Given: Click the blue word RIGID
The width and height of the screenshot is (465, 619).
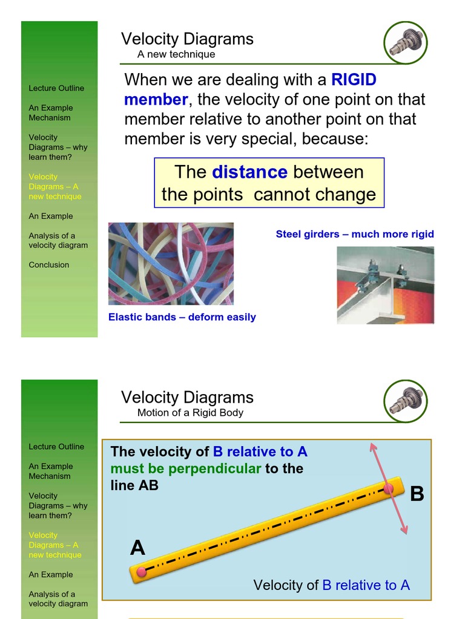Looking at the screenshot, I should click(x=354, y=80).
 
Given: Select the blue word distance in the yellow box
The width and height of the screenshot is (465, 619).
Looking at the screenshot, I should click(x=249, y=172).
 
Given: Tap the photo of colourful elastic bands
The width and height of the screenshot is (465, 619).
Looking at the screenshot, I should click(x=171, y=264).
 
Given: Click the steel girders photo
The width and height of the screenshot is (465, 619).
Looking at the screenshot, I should click(x=385, y=285).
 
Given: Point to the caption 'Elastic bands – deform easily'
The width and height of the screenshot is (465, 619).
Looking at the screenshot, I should click(x=182, y=317).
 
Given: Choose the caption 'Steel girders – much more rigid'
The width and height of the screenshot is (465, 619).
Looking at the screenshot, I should click(x=355, y=234).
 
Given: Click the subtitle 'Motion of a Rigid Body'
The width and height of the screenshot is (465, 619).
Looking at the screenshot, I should click(x=190, y=413).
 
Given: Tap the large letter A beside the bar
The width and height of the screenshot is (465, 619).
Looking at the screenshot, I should click(x=137, y=548).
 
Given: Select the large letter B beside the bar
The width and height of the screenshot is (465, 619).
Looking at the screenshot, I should click(x=417, y=494).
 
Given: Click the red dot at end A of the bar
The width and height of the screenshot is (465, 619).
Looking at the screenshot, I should click(x=141, y=571).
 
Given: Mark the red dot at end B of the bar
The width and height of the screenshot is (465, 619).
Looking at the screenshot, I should click(x=389, y=488).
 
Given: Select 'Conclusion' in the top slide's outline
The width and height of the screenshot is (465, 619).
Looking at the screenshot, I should click(x=49, y=265).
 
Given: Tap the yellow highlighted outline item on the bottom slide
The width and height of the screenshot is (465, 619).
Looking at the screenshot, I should click(x=54, y=545).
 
